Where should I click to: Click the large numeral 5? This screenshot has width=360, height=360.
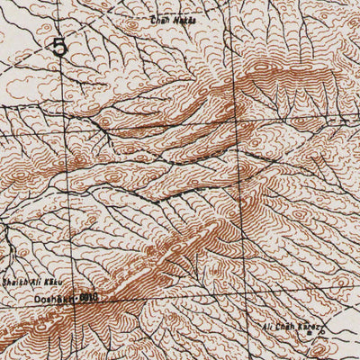click(x=60, y=47)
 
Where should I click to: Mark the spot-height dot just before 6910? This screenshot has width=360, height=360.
click(x=76, y=296)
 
